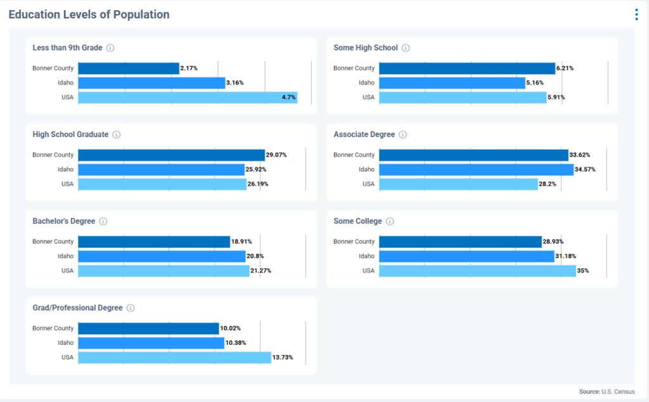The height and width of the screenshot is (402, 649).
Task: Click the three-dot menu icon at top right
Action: (x=636, y=15)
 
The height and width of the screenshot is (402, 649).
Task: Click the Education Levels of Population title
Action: (x=89, y=15)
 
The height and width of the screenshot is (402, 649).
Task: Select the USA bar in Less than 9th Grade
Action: (x=188, y=98)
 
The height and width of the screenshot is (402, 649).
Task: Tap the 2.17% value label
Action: (x=189, y=68)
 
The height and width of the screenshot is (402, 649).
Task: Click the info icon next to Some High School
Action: (x=406, y=48)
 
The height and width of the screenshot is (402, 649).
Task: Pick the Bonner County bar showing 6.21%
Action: (x=467, y=68)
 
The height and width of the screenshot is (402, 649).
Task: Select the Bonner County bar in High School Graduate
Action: (x=171, y=155)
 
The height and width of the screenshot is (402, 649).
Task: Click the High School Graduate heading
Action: (x=70, y=134)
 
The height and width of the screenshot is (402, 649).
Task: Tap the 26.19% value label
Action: (x=258, y=185)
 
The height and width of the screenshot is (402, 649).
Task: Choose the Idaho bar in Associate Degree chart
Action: (x=476, y=170)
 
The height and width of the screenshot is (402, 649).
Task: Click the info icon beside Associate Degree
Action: (x=403, y=135)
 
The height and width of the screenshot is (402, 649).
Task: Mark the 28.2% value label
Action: (x=549, y=185)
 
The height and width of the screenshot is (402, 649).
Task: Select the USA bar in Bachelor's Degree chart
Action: (x=164, y=271)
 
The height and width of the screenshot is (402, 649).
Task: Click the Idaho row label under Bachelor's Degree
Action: (x=65, y=256)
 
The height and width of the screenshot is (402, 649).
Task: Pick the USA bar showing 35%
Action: (x=477, y=271)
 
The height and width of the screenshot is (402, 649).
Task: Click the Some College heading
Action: (x=357, y=221)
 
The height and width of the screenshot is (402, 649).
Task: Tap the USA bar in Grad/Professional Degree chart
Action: (x=174, y=358)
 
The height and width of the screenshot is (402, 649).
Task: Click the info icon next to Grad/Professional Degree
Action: (x=131, y=308)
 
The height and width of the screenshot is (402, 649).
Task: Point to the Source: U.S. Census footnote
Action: (x=606, y=392)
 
